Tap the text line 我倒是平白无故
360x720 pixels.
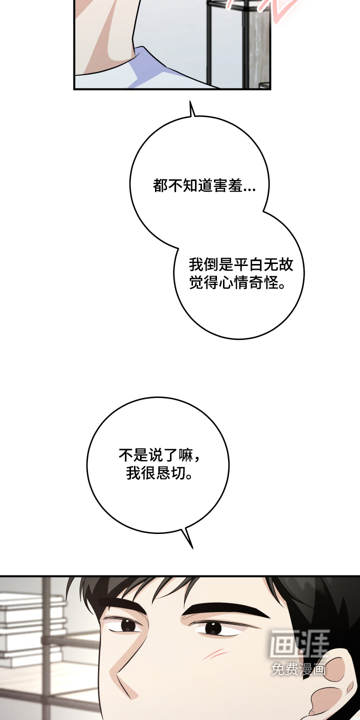click(x=241, y=265)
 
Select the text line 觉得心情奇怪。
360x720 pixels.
click(x=237, y=283)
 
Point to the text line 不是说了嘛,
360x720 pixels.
click(x=160, y=455)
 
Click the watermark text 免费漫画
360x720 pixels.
click(x=298, y=669)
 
